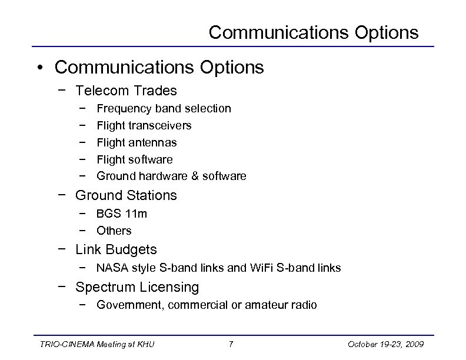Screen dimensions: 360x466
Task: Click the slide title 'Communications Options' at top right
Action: coord(314,32)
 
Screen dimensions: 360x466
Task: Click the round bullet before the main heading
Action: coord(39,68)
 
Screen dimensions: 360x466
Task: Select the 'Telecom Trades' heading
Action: coord(126,91)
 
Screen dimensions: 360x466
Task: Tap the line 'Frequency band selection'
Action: coord(164,108)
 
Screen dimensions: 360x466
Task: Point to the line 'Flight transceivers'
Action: coord(144,125)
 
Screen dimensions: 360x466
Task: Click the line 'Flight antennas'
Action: coord(137,142)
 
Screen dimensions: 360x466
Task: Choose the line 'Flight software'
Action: coord(135,159)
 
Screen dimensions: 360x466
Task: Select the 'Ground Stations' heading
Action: coord(126,195)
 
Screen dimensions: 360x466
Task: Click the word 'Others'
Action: coord(114,231)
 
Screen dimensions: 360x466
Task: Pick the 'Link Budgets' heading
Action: coord(116,249)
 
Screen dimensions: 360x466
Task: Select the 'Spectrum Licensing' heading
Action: coord(137,287)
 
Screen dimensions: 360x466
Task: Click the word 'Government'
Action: coord(127,305)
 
